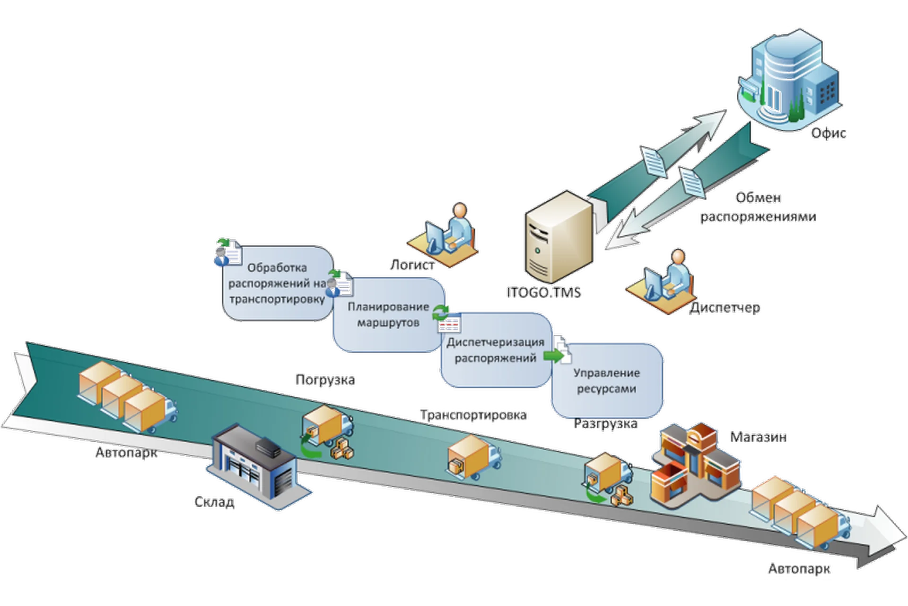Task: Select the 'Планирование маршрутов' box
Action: pos(388,315)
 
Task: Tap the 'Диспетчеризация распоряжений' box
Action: pos(496,350)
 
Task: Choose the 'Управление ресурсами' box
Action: pos(607,381)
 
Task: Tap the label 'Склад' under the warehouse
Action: pos(214,502)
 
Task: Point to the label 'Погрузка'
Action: pos(325,380)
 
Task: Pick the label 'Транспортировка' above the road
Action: pos(473,415)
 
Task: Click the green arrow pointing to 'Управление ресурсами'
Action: pos(551,356)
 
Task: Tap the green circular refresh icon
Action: pos(442,311)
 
